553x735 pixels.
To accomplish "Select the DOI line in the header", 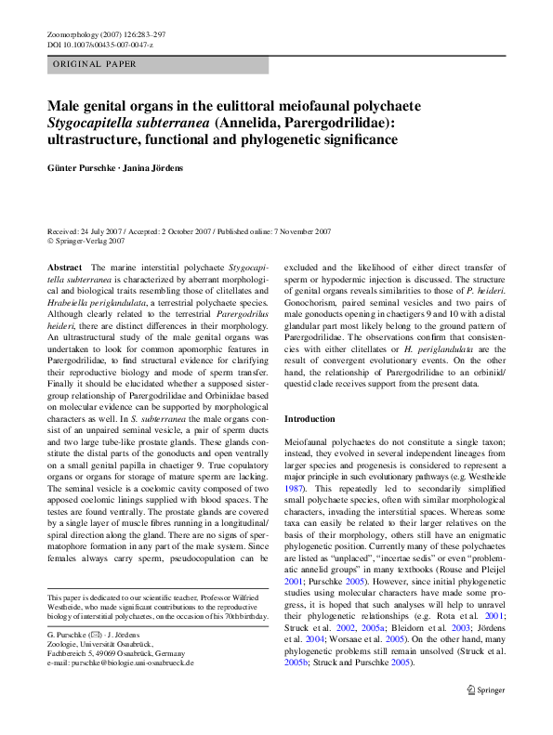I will pos(99,44).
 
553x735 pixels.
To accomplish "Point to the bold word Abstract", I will pos(64,267).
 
